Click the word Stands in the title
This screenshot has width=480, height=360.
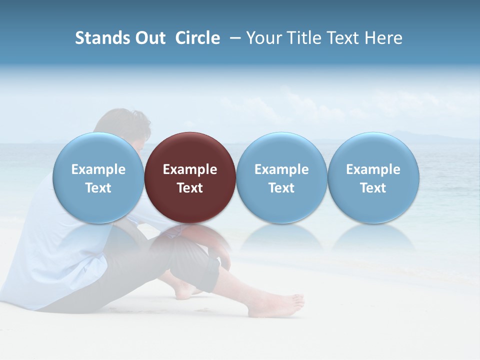coord(101,38)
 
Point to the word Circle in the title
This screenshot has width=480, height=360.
coord(197,38)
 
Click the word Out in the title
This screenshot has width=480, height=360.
coord(149,38)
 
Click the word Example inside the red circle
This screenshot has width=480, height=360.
coord(190,169)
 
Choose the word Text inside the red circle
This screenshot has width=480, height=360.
coord(190,188)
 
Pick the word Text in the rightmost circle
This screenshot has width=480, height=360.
coord(373,188)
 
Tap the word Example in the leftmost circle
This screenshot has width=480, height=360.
coord(98,169)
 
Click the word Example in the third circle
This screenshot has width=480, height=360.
coord(281,169)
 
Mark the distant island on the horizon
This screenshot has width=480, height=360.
coord(405,134)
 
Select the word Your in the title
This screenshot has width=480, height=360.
coord(264,38)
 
